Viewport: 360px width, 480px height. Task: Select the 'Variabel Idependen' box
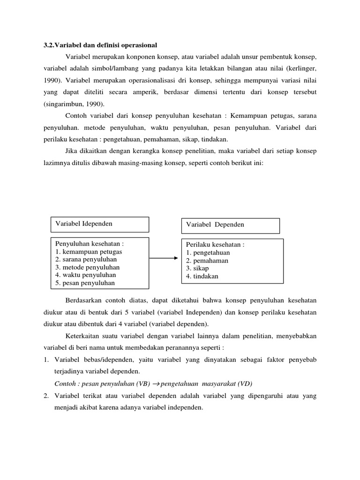pyautogui.click(x=99, y=224)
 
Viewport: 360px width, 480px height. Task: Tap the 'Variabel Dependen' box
pyautogui.click(x=230, y=225)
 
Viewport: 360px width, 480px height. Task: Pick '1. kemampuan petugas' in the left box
pyautogui.click(x=88, y=252)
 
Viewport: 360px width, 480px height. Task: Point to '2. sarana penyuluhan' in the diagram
pyautogui.click(x=86, y=259)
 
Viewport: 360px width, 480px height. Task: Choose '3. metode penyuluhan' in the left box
pyautogui.click(x=87, y=267)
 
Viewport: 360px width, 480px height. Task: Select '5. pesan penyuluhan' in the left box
pyautogui.click(x=85, y=283)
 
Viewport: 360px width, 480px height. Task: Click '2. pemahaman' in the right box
pyautogui.click(x=207, y=260)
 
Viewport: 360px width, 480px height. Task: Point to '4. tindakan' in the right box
pyautogui.click(x=202, y=276)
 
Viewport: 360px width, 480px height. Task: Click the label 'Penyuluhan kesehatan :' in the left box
pyautogui.click(x=90, y=244)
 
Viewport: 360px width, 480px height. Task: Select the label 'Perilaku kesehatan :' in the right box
pyautogui.click(x=215, y=244)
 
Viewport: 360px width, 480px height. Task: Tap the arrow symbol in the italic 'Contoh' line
pyautogui.click(x=156, y=383)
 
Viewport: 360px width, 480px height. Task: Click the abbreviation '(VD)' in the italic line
pyautogui.click(x=245, y=383)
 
